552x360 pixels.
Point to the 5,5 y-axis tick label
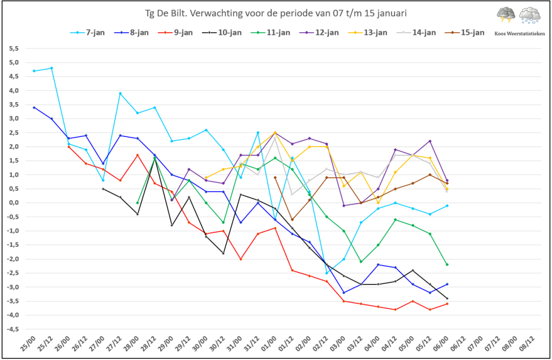(x=14, y=49)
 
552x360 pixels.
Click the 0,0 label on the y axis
(x=14, y=203)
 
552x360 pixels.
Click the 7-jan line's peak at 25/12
(x=51, y=68)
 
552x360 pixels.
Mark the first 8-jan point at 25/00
(x=34, y=107)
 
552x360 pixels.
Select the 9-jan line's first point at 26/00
(x=68, y=147)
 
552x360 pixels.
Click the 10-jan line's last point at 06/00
(x=447, y=298)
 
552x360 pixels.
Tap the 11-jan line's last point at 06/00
(x=447, y=265)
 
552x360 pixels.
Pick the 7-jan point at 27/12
(x=120, y=93)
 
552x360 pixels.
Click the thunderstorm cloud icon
(x=506, y=15)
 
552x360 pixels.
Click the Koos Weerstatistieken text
(x=519, y=33)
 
